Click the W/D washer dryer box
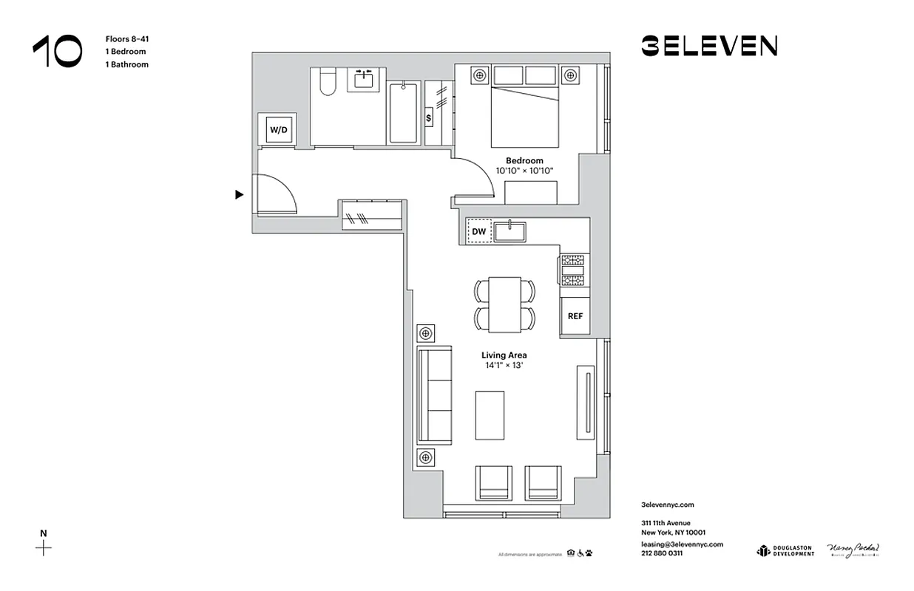(x=278, y=130)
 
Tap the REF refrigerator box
(x=575, y=315)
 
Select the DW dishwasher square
(x=479, y=232)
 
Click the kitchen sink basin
(x=511, y=232)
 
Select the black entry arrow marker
(x=239, y=195)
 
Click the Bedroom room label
(x=524, y=160)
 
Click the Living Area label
(x=504, y=355)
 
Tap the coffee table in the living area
(x=490, y=414)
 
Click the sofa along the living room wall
(x=434, y=395)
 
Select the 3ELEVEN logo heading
(x=708, y=47)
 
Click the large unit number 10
(x=58, y=52)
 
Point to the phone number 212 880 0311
(x=662, y=553)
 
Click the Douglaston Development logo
(x=785, y=551)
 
